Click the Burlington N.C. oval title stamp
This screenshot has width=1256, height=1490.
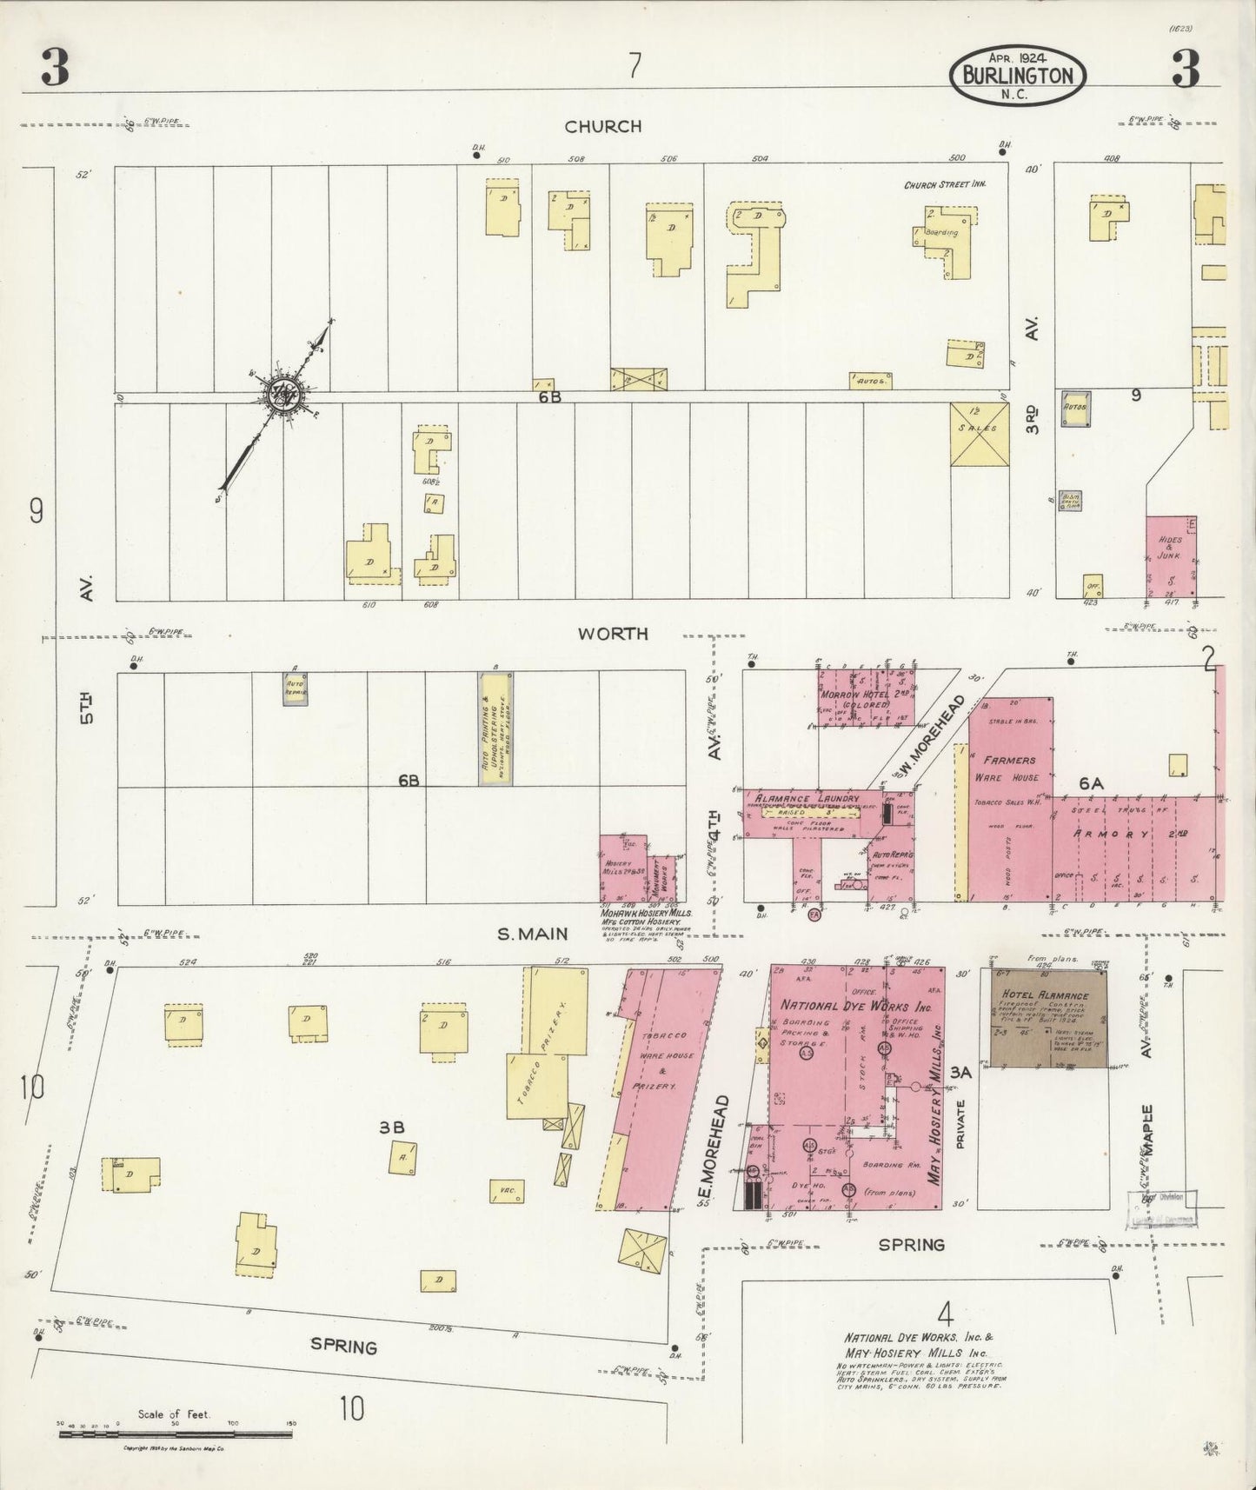[x=1019, y=76]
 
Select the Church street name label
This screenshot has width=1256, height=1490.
[x=602, y=127]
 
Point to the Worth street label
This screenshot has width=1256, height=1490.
[x=613, y=634]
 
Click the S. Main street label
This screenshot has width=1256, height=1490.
[x=532, y=935]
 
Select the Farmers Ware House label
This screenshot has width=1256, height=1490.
[x=1009, y=768]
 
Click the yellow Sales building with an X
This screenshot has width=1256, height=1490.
[x=980, y=435]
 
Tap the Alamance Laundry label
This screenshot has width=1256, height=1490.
[x=807, y=798]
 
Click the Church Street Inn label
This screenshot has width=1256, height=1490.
[x=942, y=185]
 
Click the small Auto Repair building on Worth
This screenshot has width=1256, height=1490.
[x=295, y=688]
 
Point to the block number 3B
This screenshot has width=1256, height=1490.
[x=391, y=1127]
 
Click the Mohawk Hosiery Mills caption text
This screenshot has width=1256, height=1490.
[x=646, y=914]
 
